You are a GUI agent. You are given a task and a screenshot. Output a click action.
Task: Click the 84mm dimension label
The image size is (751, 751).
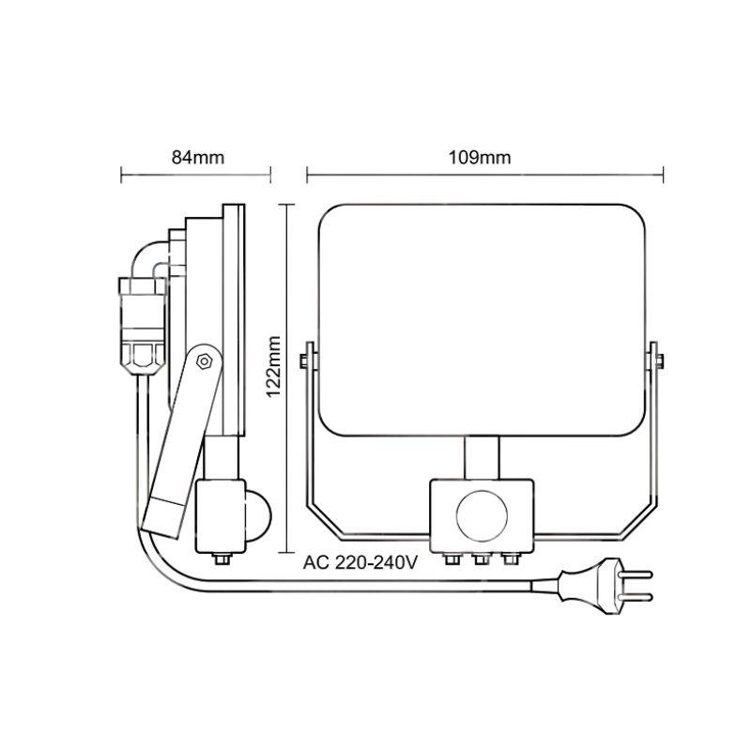pyautogui.click(x=198, y=158)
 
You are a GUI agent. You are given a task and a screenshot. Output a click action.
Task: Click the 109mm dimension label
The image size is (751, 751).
pyautogui.click(x=480, y=158)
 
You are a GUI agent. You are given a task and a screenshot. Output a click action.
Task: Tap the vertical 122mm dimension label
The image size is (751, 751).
pyautogui.click(x=273, y=366)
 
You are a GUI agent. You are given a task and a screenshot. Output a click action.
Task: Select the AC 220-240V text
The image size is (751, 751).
pyautogui.click(x=360, y=562)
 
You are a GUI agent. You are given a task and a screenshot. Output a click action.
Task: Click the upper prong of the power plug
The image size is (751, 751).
pyautogui.click(x=636, y=574)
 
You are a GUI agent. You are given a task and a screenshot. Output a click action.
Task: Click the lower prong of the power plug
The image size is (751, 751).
pyautogui.click(x=636, y=597)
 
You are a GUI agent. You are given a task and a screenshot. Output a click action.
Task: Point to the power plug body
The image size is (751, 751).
pyautogui.click(x=590, y=586)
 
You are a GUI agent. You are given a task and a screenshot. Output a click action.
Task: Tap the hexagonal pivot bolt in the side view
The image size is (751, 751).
pyautogui.click(x=204, y=360)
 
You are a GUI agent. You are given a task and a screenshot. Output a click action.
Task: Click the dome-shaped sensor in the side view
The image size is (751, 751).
pyautogui.click(x=259, y=516)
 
